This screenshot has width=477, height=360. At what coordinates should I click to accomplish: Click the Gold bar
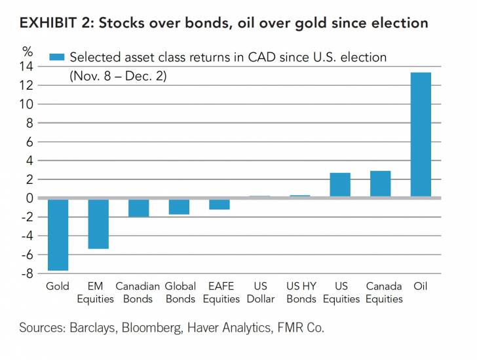(58, 234)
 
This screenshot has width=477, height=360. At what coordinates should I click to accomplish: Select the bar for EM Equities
(98, 224)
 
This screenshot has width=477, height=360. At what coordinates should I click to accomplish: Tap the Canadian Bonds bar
(138, 207)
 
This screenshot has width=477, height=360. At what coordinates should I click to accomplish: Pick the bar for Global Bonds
(179, 207)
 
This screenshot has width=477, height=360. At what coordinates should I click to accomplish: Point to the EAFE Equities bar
(219, 204)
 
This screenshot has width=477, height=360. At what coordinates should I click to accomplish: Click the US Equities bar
(340, 185)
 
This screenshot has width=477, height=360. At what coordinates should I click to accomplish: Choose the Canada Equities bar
(380, 184)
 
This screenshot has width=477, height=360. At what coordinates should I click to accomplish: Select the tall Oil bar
(421, 134)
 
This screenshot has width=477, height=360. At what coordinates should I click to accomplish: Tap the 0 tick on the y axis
(29, 198)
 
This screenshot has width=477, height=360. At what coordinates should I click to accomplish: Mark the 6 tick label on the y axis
(29, 141)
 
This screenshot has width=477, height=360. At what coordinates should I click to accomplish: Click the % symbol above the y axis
(27, 50)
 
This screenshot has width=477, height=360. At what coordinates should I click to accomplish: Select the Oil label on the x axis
(421, 287)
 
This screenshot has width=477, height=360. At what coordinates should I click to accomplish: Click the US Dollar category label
(260, 293)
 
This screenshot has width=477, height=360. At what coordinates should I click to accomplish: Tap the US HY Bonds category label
(301, 293)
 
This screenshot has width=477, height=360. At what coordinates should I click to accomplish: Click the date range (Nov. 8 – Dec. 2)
(119, 76)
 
